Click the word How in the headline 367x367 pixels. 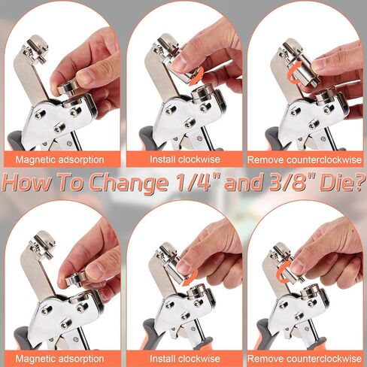(x=27, y=182)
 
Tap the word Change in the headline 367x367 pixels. (x=129, y=183)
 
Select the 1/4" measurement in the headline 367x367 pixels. (x=195, y=182)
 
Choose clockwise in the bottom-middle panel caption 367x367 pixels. (x=198, y=359)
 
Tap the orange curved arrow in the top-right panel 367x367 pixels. (x=291, y=73)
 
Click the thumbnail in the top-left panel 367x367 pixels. (x=85, y=77)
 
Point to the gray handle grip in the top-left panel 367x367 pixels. (x=16, y=141)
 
